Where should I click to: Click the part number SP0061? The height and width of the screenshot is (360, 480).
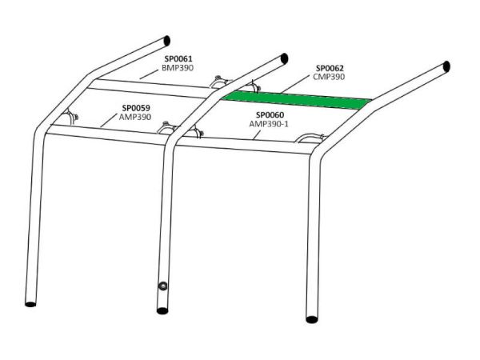(x=178, y=58)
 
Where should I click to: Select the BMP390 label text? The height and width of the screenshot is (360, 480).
(x=178, y=68)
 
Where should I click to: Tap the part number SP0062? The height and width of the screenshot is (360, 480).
(x=330, y=68)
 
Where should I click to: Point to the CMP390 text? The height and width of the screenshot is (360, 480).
(x=329, y=77)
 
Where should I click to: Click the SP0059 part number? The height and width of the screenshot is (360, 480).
(x=136, y=108)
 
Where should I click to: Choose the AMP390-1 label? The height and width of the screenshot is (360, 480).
(x=269, y=124)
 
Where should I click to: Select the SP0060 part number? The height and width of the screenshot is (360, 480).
(x=270, y=115)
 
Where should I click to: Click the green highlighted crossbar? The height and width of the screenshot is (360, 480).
(x=296, y=101)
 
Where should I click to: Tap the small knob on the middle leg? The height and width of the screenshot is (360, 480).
(x=162, y=286)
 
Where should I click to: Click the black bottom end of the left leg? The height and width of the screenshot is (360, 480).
(x=30, y=304)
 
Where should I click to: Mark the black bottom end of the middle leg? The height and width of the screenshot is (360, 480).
(x=162, y=311)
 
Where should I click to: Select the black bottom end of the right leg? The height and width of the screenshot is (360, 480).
(x=312, y=319)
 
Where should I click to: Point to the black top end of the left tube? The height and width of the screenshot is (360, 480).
(x=167, y=41)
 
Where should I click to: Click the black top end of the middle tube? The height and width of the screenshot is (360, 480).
(x=284, y=58)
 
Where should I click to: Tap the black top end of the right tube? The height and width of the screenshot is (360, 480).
(x=446, y=66)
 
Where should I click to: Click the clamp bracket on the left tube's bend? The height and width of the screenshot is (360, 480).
(x=70, y=116)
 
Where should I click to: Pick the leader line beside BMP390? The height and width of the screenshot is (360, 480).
(x=150, y=74)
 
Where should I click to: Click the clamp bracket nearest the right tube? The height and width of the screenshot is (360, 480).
(x=311, y=138)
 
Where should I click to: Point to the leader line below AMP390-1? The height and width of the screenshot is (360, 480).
(x=258, y=134)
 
